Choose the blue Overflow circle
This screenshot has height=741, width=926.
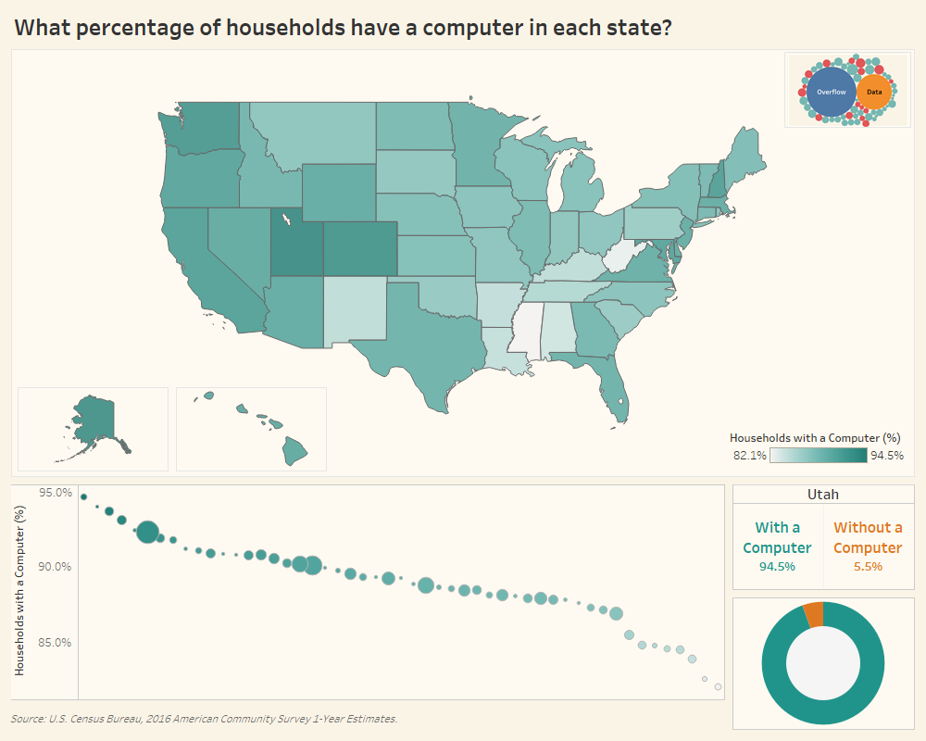point(831,92)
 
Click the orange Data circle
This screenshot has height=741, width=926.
point(874,93)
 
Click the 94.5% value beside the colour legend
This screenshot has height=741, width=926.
point(886,456)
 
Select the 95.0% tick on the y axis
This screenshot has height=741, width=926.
point(56,493)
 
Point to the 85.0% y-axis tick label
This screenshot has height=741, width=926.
point(56,643)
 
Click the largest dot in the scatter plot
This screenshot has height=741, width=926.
point(147,533)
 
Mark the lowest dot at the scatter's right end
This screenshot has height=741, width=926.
point(718,686)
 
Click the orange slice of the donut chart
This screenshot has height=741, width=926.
point(813,613)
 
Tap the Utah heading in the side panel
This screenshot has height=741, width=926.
point(823,495)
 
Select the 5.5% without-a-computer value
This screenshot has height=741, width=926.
point(868,566)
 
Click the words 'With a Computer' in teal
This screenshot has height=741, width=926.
point(777,537)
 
